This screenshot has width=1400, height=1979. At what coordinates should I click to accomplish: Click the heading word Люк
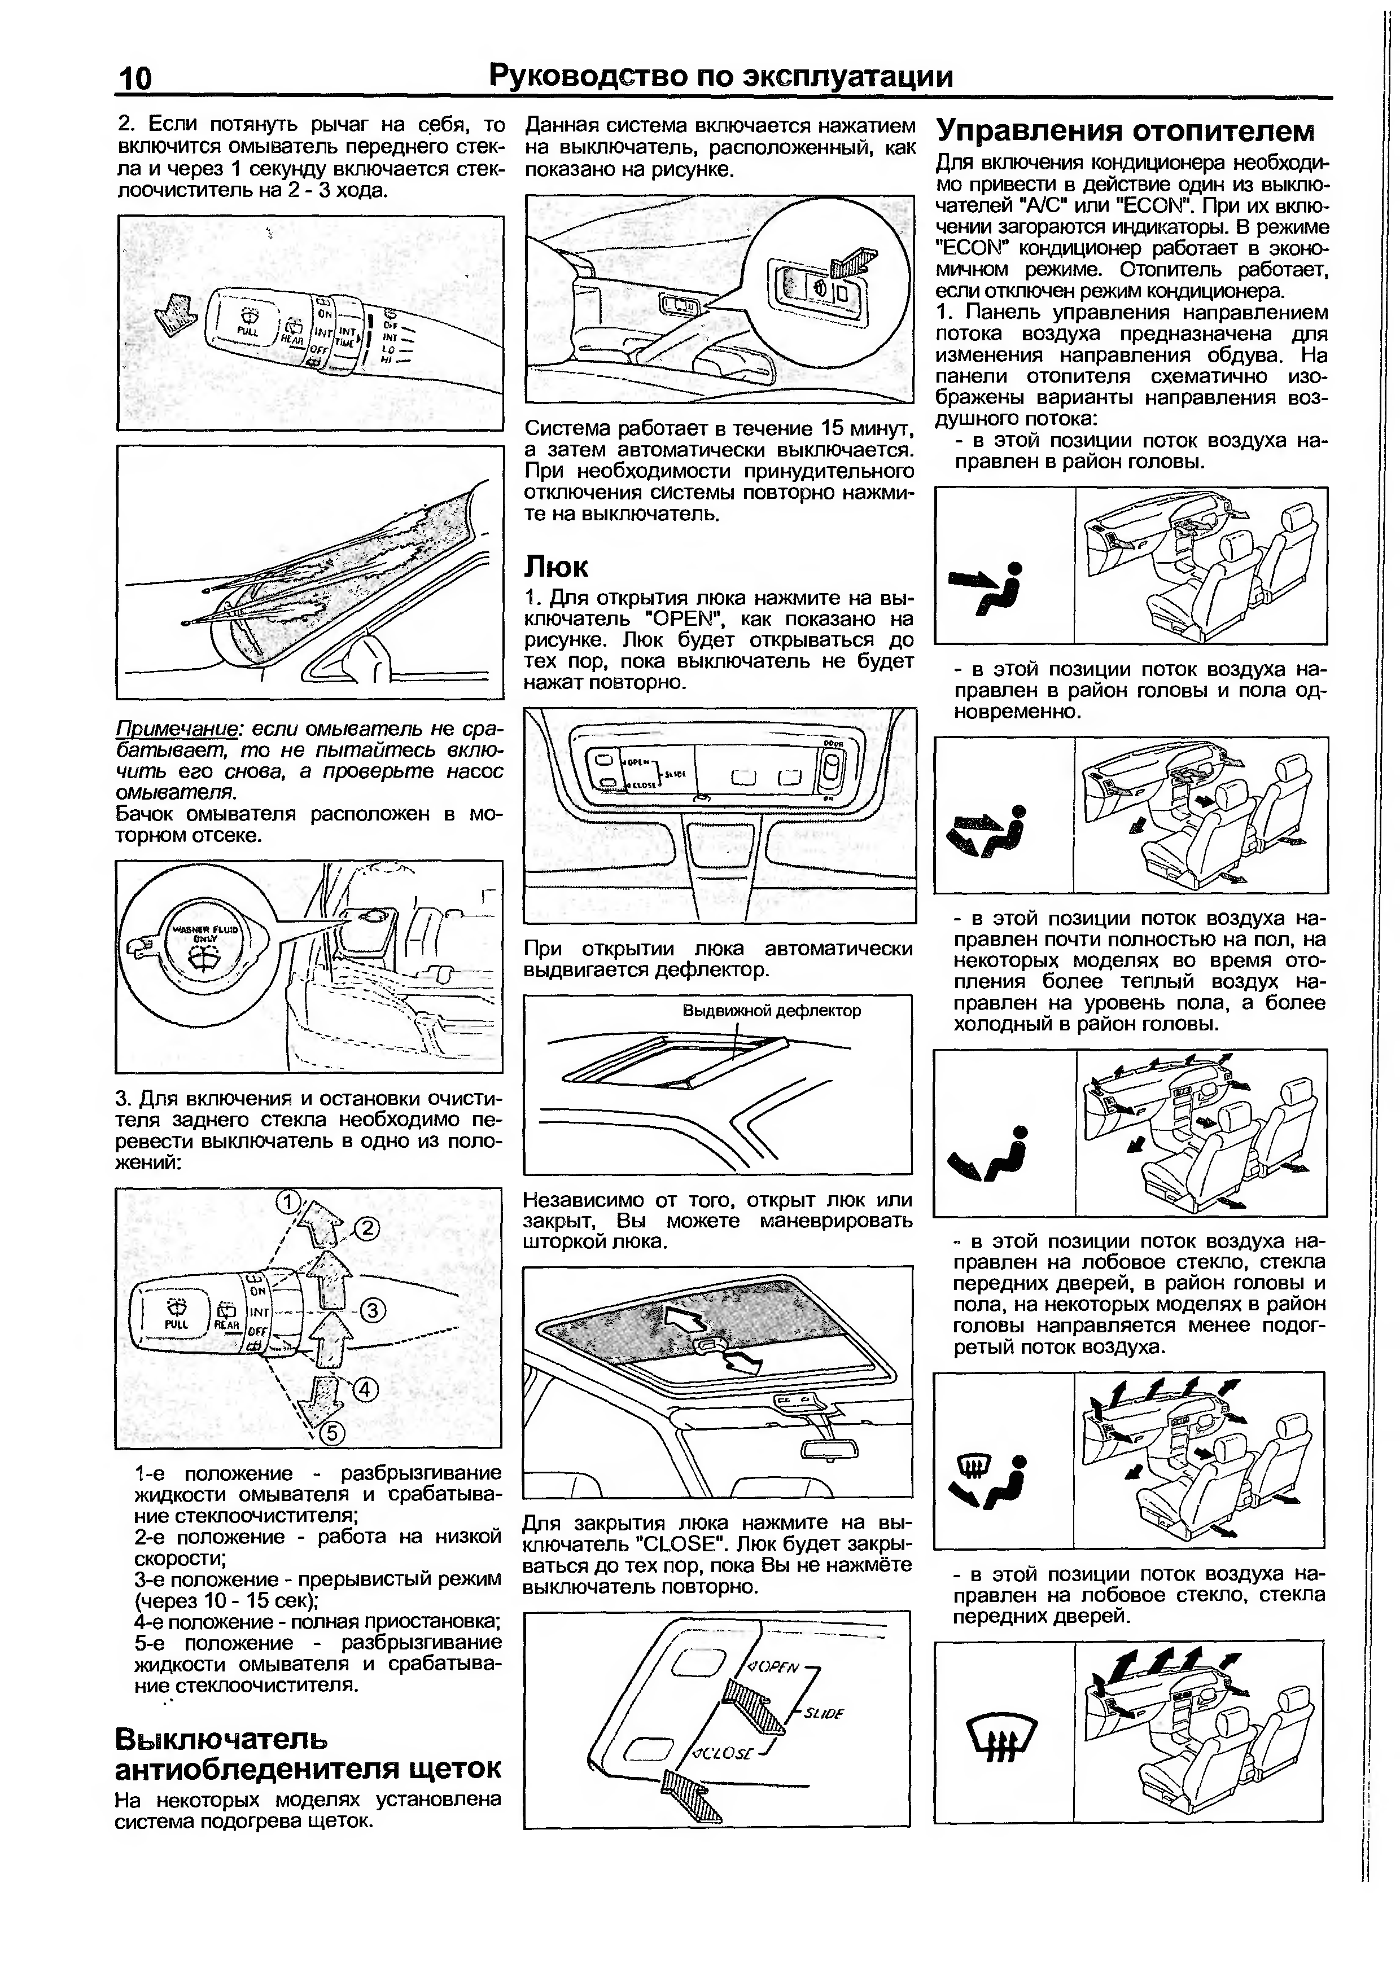click(x=556, y=567)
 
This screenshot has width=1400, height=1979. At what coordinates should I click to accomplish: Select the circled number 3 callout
click(x=373, y=1311)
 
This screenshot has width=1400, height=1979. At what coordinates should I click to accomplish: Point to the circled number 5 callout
click(x=333, y=1433)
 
